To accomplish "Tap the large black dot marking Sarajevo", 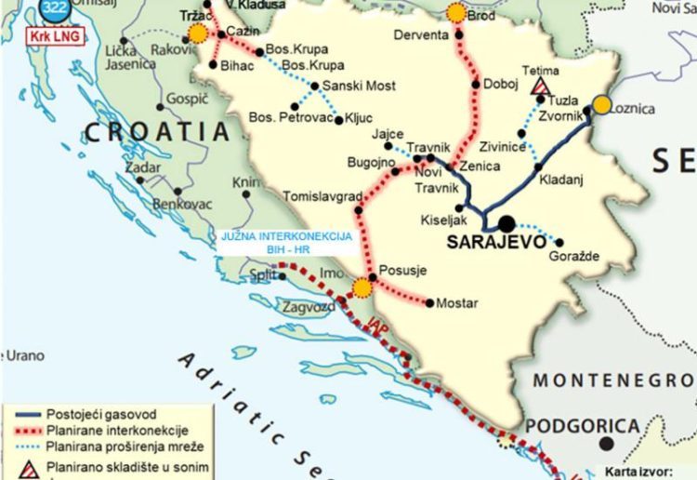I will (x=506, y=224).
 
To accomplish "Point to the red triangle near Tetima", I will (x=539, y=87).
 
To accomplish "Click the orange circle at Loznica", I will (x=602, y=104).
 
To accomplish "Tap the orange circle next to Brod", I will (x=456, y=12).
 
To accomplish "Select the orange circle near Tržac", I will (x=197, y=34).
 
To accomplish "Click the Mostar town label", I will (x=457, y=303).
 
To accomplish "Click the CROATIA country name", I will (x=155, y=131).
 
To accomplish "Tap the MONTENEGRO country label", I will (x=613, y=380).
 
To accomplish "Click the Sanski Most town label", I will (x=359, y=87).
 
